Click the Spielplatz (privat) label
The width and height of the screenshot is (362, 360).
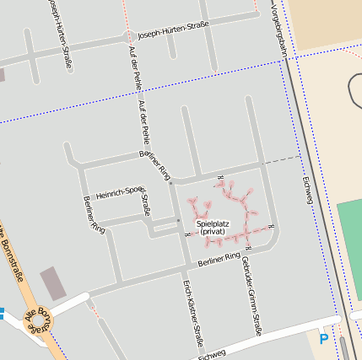pyautogui.click(x=212, y=227)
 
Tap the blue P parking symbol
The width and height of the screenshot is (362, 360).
pyautogui.click(x=324, y=339)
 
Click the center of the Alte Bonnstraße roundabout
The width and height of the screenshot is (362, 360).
pyautogui.click(x=39, y=323)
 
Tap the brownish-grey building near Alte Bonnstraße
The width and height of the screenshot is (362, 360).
pyautogui.click(x=52, y=282)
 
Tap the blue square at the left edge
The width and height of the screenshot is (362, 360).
pyautogui.click(x=2, y=314)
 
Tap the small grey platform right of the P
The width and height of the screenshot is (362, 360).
pyautogui.click(x=343, y=347)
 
